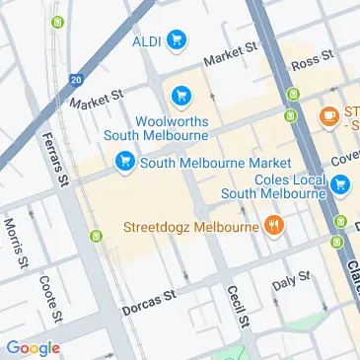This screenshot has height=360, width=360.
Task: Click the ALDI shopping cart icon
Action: tap(177, 39)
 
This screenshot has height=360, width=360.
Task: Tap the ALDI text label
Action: tap(147, 40)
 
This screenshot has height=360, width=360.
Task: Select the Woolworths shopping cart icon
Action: tap(181, 96)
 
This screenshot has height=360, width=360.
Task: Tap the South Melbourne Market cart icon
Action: tap(125, 162)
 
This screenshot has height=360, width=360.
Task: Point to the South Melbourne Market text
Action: tap(216, 162)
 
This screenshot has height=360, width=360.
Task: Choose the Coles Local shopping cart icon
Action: tap(341, 183)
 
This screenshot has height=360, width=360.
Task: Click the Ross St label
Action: tap(308, 61)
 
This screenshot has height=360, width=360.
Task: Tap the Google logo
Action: tap(33, 346)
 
